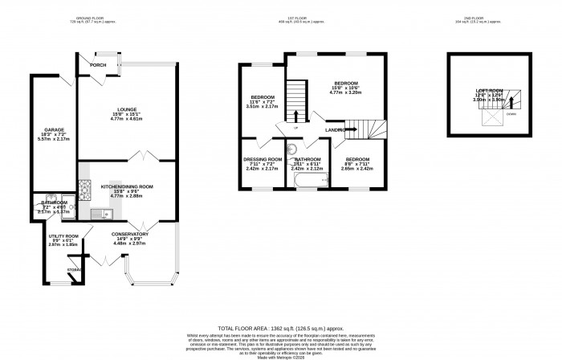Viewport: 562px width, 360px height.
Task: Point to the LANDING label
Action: pyautogui.click(x=336, y=129)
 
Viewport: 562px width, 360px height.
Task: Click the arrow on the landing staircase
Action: pyautogui.click(x=351, y=129)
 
